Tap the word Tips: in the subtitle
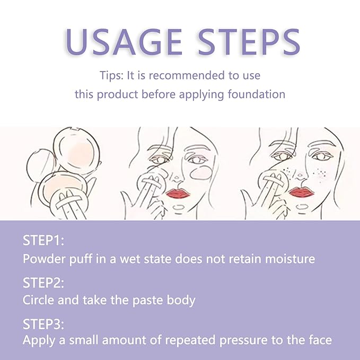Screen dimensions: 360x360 click(x=111, y=75)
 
